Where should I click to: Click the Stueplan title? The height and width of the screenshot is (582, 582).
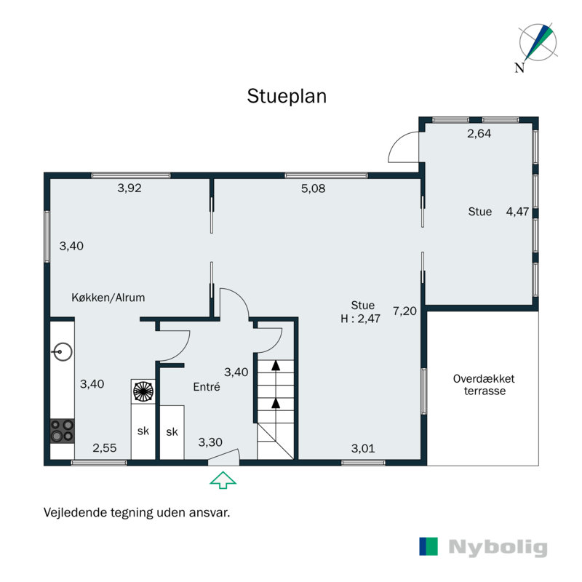pos(287,96)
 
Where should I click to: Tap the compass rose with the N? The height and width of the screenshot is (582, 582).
pos(537,45)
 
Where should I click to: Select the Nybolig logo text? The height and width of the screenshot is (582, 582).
pos(498,547)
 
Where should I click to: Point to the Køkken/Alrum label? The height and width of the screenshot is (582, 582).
pos(108,298)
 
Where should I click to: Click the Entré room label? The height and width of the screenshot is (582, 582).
pos(207,387)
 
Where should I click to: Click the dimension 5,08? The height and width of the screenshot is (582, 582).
pos(313,188)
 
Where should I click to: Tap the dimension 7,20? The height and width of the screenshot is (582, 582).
pos(404,311)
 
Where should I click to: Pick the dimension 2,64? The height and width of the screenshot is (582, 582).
pos(479,133)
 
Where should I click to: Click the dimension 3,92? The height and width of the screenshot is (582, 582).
pos(129,188)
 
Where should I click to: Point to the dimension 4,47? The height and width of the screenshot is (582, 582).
pos(518,212)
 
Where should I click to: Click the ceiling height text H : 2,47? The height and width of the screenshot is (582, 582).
pos(362,318)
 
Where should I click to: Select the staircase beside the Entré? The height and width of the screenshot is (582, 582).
pos(275,407)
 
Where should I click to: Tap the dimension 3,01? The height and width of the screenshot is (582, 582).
pos(363,448)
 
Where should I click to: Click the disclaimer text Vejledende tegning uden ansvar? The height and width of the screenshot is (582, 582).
pos(137,512)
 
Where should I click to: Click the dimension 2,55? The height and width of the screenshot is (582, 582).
pos(104,448)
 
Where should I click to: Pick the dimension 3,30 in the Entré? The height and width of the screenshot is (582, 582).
pos(210,442)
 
